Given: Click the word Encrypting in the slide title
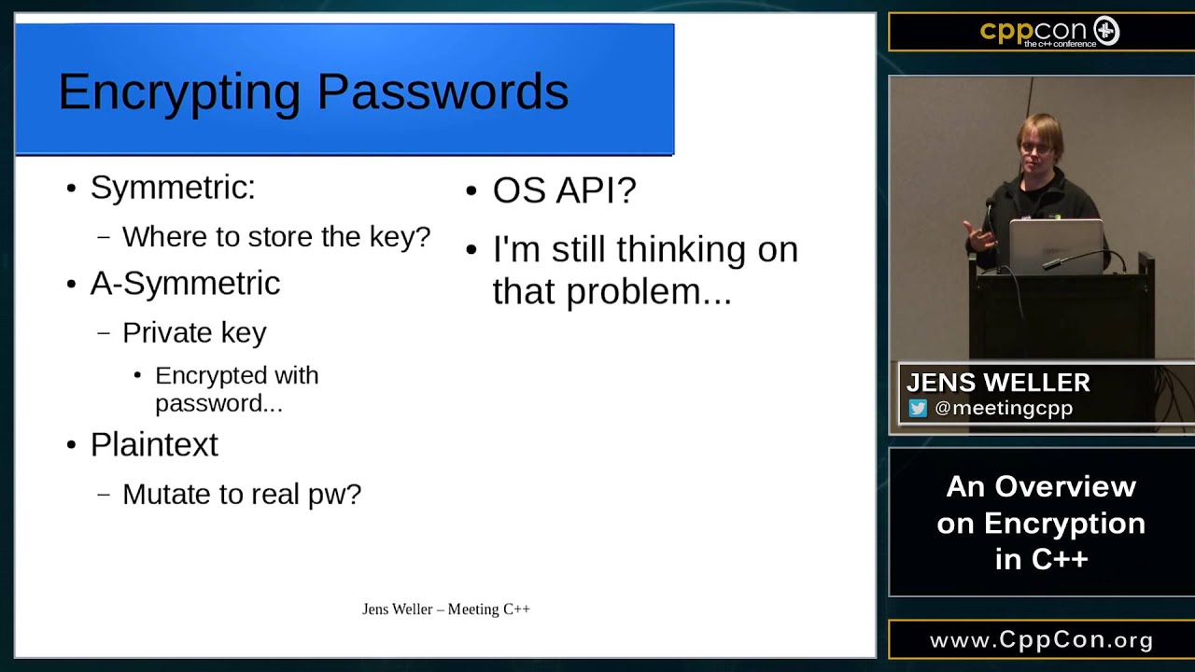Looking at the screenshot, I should pos(179,92).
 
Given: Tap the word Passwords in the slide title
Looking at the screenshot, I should pos(443,92).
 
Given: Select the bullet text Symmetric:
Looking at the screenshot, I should pos(173,188).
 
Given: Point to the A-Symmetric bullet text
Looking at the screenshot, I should pos(185,284).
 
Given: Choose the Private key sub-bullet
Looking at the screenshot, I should pos(194,332).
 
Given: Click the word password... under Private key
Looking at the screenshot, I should pos(218,403).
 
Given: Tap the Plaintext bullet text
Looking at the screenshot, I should pos(154,444).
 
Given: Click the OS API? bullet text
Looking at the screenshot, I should pos(564,190).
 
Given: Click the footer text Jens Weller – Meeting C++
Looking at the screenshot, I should pos(446,609).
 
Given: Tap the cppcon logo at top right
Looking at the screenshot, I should pos(1048,32).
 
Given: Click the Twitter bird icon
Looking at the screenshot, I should pos(919,408).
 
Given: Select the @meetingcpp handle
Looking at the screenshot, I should pos(1004,408).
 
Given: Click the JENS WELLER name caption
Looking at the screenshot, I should pos(998,383).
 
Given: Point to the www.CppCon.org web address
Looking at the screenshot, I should pos(1041,640).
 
